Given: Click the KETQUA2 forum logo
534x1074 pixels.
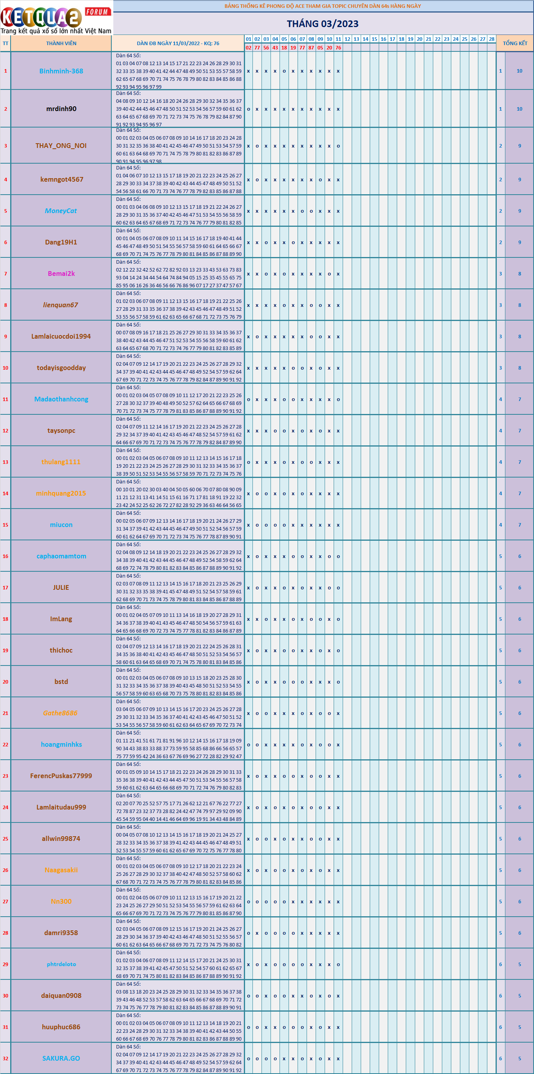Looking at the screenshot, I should pos(56,18).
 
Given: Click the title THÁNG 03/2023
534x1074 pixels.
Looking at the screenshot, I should pos(322,24).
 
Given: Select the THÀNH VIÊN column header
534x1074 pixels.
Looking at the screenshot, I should pos(61,43).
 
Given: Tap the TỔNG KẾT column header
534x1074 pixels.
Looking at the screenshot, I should pos(515,43).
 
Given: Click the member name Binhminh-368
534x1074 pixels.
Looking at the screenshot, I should pos(61,71).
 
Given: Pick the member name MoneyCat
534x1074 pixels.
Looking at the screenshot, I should pos(61,211).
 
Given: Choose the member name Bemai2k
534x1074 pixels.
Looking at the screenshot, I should pos(61,274).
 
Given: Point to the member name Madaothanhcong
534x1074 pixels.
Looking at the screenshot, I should pos(61,399).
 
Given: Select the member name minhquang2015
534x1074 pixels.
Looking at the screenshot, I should pos(61,493).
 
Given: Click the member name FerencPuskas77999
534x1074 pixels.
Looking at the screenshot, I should pos(61,776).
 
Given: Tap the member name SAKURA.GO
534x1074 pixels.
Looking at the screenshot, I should pos(61,1058).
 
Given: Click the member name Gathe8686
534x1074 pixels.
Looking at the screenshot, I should pos(60,713).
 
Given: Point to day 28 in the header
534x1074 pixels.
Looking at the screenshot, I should pos(492,39).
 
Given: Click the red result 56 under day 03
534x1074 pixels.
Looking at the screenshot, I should pos(266,47).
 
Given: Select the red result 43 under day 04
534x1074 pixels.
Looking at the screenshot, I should pos(275,47).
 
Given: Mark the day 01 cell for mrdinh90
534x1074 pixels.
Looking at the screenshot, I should pos(249,109).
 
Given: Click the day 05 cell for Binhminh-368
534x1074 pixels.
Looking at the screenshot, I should pos(284,71).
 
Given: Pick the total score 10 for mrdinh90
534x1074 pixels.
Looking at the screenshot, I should pos(519,109).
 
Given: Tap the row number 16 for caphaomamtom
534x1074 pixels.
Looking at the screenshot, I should pos(5,556).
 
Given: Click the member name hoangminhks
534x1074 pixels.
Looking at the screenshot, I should pos(61,744).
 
